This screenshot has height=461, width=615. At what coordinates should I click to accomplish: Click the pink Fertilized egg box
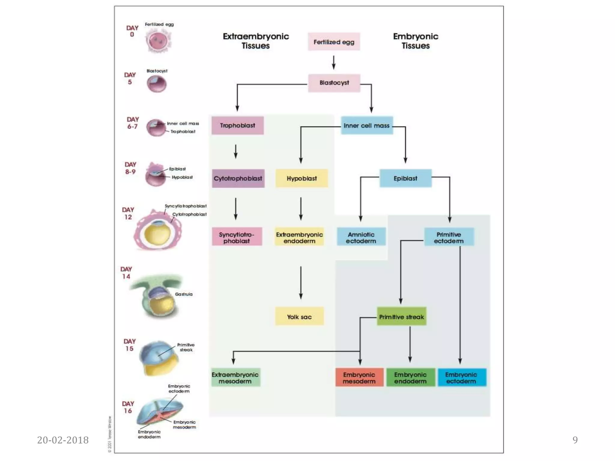(334, 42)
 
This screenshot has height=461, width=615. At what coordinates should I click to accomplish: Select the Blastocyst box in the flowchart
(334, 83)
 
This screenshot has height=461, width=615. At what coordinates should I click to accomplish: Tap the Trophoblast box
(238, 125)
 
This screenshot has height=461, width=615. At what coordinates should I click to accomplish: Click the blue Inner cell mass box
(367, 125)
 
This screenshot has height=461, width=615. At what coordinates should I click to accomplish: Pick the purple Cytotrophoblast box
(238, 178)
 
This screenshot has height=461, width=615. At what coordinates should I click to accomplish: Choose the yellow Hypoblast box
(301, 178)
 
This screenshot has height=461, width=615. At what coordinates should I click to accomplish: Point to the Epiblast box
(405, 178)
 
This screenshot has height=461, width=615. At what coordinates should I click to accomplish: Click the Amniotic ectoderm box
(361, 237)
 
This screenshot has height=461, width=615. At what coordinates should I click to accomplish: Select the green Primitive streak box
(401, 317)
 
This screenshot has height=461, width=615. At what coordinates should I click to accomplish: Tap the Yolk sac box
(299, 317)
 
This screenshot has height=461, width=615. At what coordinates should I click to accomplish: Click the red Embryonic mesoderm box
(359, 378)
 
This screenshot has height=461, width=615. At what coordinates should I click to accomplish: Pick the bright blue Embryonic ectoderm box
(461, 378)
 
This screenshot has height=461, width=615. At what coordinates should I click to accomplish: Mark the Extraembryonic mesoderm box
(235, 378)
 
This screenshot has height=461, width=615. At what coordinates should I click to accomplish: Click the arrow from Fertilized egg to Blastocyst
(334, 62)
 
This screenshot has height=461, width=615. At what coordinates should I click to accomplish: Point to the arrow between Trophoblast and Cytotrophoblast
(236, 152)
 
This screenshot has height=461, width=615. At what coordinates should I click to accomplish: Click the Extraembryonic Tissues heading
(256, 41)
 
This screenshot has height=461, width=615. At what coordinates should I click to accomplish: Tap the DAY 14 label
(126, 273)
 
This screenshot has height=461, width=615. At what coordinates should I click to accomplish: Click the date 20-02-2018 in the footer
(63, 440)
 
